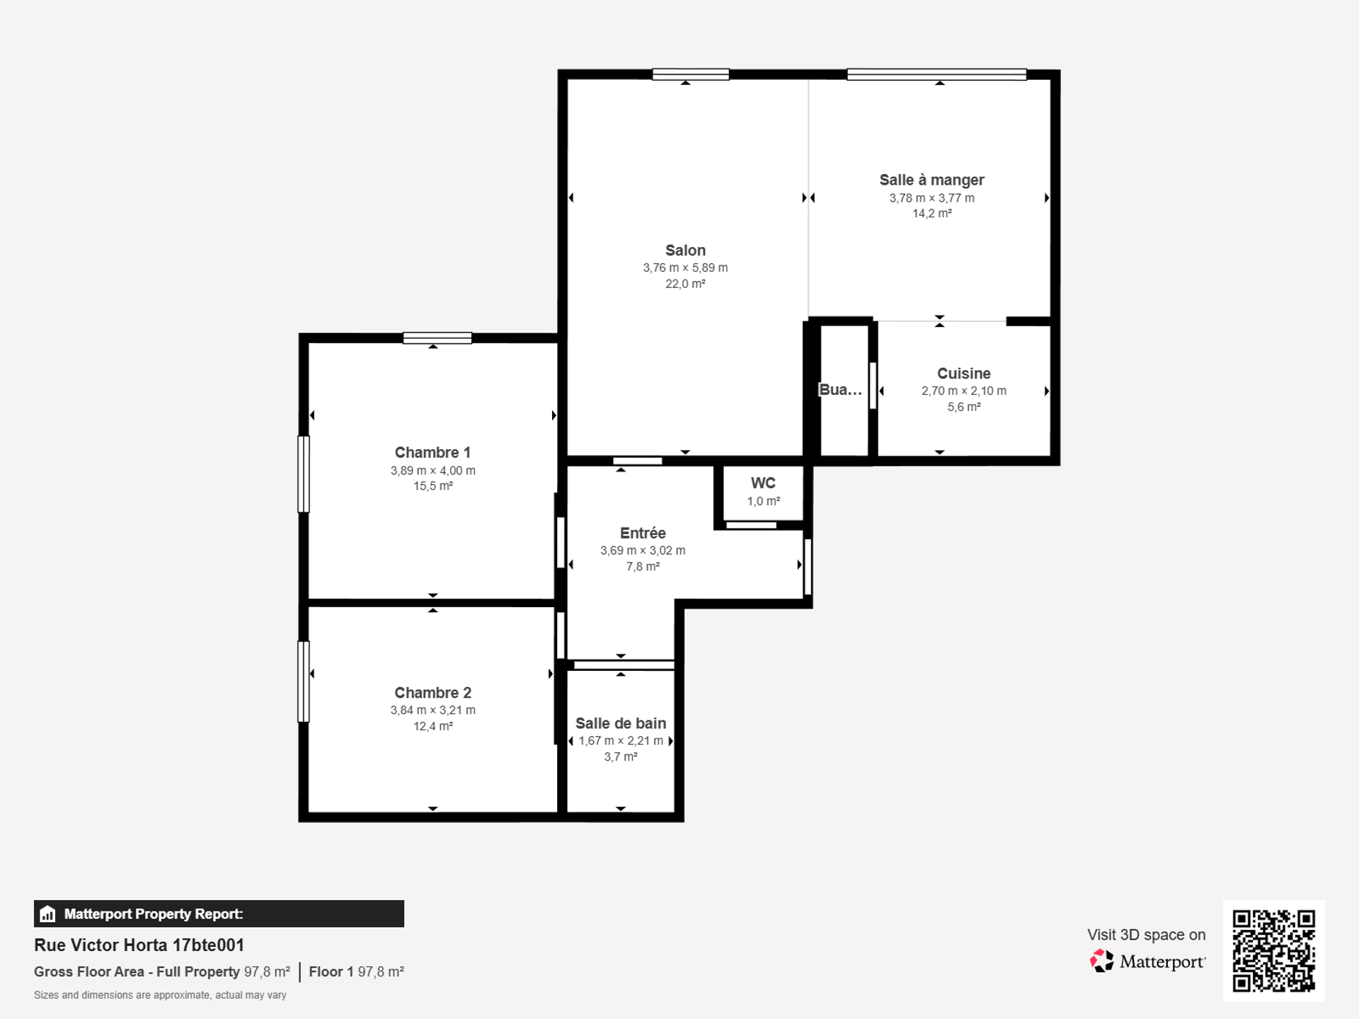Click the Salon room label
pyautogui.click(x=685, y=251)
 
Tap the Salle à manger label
pyautogui.click(x=931, y=180)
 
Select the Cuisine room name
pyautogui.click(x=963, y=374)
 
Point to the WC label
pyautogui.click(x=763, y=483)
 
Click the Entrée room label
pyautogui.click(x=643, y=534)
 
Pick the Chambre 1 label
pyautogui.click(x=432, y=453)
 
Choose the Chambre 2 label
pyautogui.click(x=432, y=693)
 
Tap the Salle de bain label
pyautogui.click(x=621, y=723)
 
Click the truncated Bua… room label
pyautogui.click(x=840, y=390)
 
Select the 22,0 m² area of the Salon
pyautogui.click(x=685, y=284)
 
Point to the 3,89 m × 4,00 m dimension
pyautogui.click(x=432, y=471)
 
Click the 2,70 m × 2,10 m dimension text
pyautogui.click(x=963, y=391)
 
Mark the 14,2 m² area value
pyautogui.click(x=931, y=214)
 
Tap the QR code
pyautogui.click(x=1273, y=950)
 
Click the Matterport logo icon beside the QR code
pyautogui.click(x=1101, y=961)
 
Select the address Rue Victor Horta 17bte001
pyautogui.click(x=139, y=945)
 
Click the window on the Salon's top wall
pyautogui.click(x=691, y=74)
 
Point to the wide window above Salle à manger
pyautogui.click(x=936, y=74)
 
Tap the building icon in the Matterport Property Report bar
pyautogui.click(x=47, y=914)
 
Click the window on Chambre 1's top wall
pyautogui.click(x=437, y=338)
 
